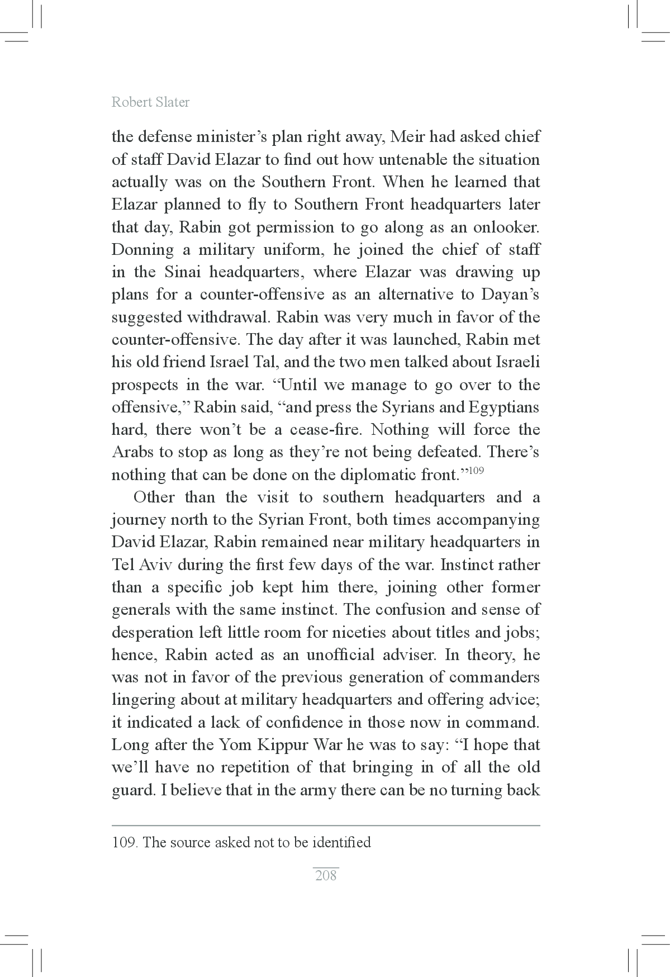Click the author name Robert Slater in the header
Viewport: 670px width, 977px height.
[150, 102]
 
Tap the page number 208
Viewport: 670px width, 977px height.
[326, 875]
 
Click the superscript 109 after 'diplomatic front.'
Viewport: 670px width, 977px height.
[476, 470]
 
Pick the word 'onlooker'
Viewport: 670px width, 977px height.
[506, 227]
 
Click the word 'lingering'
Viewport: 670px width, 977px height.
[144, 700]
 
